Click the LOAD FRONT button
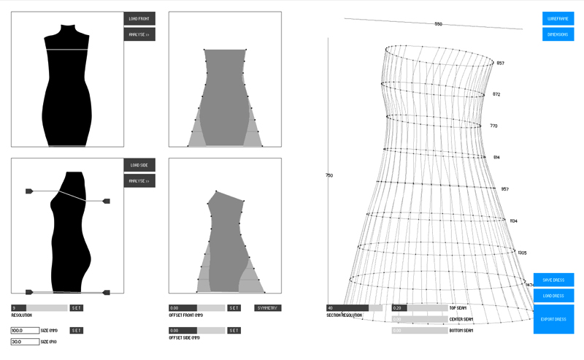point(139,18)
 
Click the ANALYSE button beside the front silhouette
point(139,34)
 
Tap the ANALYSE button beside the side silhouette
point(139,181)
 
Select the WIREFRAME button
point(558,18)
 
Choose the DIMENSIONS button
point(558,34)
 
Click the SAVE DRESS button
point(553,280)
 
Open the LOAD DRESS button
point(553,296)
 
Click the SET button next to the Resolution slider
point(77,308)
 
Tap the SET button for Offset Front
point(234,308)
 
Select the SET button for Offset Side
point(234,331)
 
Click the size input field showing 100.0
point(25,331)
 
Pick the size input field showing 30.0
point(25,341)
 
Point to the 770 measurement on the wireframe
point(493,126)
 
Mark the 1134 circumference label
point(513,221)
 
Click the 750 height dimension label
point(329,175)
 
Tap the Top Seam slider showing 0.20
point(419,308)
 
